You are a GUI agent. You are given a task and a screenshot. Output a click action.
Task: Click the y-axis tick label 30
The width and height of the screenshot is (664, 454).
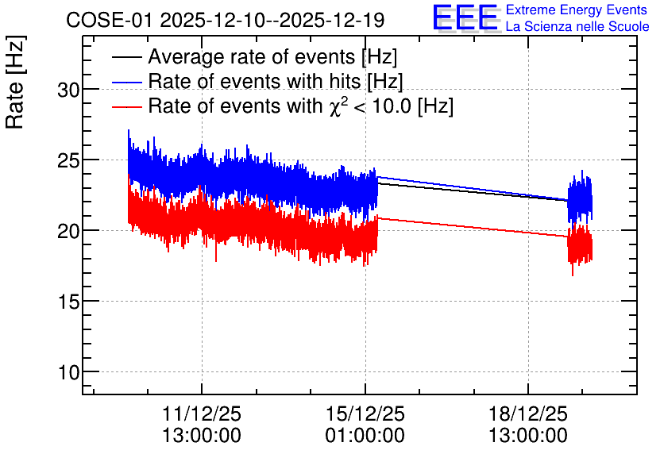tap(68, 90)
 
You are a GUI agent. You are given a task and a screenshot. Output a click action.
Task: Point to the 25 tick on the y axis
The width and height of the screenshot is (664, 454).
tap(68, 161)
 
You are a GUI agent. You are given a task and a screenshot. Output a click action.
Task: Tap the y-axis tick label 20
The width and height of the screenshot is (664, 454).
tap(68, 232)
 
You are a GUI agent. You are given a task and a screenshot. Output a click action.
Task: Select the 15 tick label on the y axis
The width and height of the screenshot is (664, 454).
tap(68, 302)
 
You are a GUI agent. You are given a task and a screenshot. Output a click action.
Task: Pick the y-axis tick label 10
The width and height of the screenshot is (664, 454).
tap(68, 373)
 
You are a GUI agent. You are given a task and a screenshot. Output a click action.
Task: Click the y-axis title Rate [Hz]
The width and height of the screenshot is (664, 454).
tap(15, 82)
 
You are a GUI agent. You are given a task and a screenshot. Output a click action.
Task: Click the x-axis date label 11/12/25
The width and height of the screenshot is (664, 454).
tap(202, 414)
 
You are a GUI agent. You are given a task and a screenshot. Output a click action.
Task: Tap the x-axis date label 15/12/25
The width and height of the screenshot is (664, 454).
tap(365, 414)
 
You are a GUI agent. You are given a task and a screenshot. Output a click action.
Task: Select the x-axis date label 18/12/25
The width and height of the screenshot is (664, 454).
tap(528, 414)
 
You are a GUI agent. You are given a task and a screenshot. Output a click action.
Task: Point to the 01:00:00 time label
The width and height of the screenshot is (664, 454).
tap(365, 436)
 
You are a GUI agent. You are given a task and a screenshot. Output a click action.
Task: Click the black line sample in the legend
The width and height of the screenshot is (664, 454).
tap(126, 57)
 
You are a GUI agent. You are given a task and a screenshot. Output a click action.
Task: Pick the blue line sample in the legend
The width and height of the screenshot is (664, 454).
tap(126, 82)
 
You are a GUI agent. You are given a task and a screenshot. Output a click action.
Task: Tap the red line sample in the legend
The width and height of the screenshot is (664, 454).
tap(126, 106)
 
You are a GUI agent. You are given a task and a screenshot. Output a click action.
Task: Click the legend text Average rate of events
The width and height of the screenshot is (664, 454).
tap(252, 57)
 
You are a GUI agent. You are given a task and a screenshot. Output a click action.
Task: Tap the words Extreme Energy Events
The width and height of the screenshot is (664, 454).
tap(577, 10)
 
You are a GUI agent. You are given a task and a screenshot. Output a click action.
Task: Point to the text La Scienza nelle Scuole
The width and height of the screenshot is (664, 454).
tap(577, 26)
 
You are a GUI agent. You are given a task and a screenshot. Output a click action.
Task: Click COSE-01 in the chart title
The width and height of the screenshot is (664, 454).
tap(109, 21)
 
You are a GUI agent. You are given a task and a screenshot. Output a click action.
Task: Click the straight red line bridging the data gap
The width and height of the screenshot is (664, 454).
tap(473, 227)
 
